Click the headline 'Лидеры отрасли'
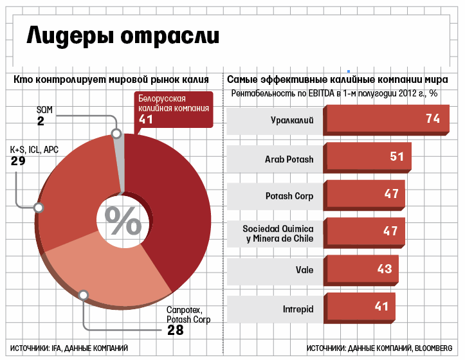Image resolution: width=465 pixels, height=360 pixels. coord(123,35)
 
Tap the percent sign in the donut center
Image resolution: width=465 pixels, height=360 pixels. coord(123,221)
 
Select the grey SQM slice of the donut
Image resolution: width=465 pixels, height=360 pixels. coord(119,161)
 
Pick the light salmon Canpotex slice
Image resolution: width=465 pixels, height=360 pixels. coord(109,270)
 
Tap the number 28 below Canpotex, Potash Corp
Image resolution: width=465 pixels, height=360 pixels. coord(175,330)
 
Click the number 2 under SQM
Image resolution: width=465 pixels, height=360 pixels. coord(41,121)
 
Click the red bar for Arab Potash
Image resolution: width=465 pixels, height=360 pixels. coord(367,157)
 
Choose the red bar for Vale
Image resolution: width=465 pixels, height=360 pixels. coord(361,269)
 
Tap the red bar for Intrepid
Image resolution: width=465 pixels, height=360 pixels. coord(359,307)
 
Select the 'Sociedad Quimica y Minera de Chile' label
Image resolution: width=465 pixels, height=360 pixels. coord(278,233)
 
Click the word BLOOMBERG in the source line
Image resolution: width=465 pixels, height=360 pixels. coord(433,348)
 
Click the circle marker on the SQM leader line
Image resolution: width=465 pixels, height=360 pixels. coord(116,134)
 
